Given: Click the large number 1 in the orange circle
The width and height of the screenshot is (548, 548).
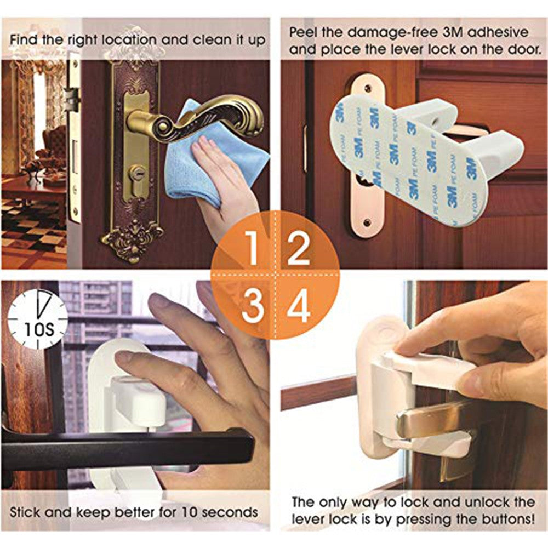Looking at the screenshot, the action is pos(252,248).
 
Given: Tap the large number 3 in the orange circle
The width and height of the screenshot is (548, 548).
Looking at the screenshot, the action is pos(253,305).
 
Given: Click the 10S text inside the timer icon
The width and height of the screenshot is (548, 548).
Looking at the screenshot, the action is pos(39,329).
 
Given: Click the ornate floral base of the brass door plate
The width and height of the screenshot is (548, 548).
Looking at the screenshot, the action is pos(132,241).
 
